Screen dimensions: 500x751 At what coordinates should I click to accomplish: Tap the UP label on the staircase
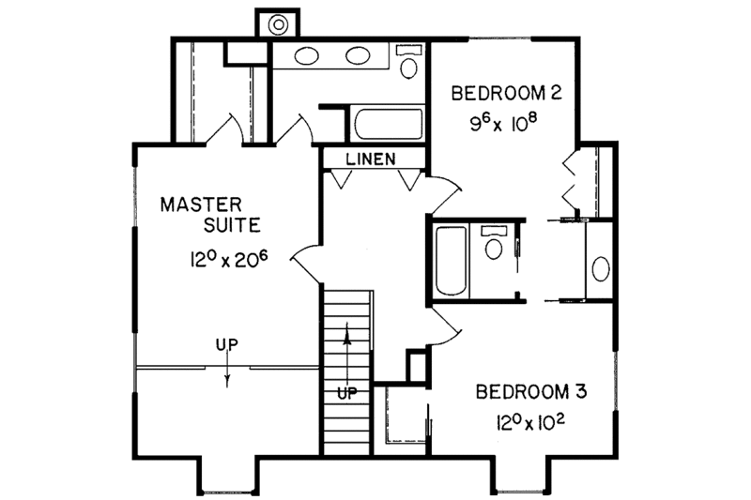pyautogui.click(x=346, y=393)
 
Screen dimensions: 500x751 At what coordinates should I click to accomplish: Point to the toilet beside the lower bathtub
pyautogui.click(x=492, y=245)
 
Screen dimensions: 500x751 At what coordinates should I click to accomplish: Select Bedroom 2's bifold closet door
pyautogui.click(x=569, y=181)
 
